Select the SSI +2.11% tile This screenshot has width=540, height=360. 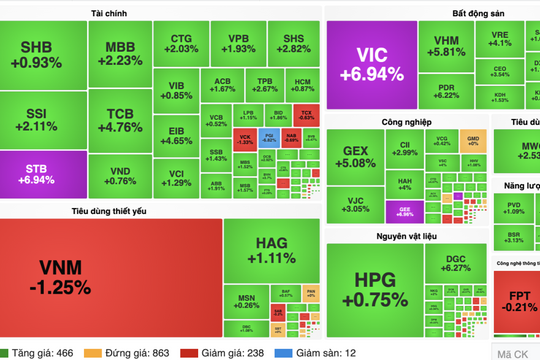click(43, 119)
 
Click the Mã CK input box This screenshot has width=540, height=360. click(515, 352)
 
